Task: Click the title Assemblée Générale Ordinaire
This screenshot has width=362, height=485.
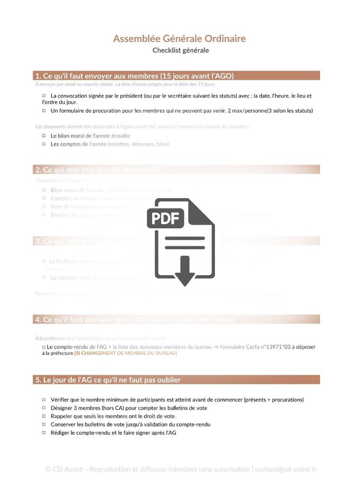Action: point(179,39)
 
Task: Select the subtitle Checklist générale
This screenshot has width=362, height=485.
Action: point(181,50)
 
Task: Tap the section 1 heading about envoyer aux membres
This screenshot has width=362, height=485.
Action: point(134,75)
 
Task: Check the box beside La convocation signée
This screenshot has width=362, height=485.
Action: point(44,96)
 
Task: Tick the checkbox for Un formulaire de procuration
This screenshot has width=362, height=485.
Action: point(44,111)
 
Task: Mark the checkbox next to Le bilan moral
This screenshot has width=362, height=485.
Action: point(44,136)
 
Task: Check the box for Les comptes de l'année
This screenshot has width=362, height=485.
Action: point(44,144)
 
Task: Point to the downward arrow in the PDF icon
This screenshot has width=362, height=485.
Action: point(184,271)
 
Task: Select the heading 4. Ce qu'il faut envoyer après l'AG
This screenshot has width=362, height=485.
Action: point(134,319)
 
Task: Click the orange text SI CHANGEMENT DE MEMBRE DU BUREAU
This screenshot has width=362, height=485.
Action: point(125,353)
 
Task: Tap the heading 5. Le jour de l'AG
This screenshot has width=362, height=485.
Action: point(108,380)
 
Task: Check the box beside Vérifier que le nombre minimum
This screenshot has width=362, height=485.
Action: point(44,400)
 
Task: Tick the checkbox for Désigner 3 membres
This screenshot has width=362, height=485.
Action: point(44,408)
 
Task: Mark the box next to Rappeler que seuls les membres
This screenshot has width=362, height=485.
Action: point(44,417)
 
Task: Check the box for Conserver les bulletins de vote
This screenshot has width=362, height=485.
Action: point(44,425)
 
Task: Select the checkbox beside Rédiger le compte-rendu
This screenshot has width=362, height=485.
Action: point(44,433)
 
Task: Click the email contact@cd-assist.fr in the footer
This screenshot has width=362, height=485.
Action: point(286,469)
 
